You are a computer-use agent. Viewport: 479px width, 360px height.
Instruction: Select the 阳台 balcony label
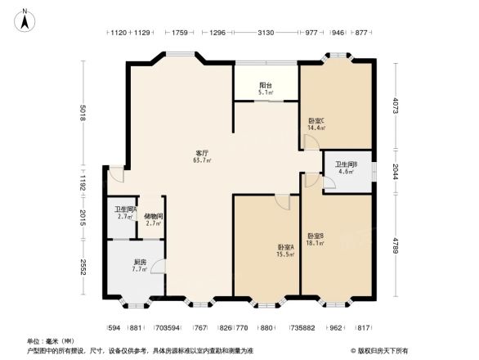click(265, 85)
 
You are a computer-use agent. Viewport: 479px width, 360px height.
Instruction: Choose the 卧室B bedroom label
click(316, 236)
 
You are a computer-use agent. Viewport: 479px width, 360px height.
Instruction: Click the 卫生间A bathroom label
click(125, 209)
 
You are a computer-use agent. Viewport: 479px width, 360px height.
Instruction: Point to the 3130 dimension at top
click(265, 34)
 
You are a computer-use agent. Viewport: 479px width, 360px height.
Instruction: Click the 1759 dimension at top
click(181, 34)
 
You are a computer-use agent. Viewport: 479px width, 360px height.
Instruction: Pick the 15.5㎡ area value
click(284, 255)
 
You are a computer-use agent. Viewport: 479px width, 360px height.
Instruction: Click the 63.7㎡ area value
click(202, 160)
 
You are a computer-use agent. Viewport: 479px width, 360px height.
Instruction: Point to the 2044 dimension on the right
click(396, 172)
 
